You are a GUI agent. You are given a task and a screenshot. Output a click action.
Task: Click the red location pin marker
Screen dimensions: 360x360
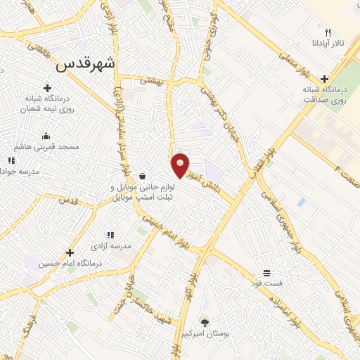[x=181, y=165]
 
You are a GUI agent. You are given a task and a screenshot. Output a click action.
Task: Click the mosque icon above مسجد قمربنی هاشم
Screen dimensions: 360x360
[x=46, y=136]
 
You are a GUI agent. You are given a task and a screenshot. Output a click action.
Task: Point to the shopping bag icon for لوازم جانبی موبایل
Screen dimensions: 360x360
[x=143, y=176]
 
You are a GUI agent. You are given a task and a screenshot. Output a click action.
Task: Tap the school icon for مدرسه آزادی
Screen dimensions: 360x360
[x=110, y=235]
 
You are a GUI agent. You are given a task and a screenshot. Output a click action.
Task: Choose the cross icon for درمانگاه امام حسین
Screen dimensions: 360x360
[x=70, y=252]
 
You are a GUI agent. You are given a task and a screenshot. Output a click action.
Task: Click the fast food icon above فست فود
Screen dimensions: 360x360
[x=266, y=273]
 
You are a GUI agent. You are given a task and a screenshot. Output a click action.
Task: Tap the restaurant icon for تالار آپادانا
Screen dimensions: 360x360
[x=327, y=32]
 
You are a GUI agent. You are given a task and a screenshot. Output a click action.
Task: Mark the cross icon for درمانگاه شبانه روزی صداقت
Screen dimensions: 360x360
[x=324, y=79]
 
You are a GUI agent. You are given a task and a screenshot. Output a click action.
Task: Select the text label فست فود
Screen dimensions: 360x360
[x=267, y=283]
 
